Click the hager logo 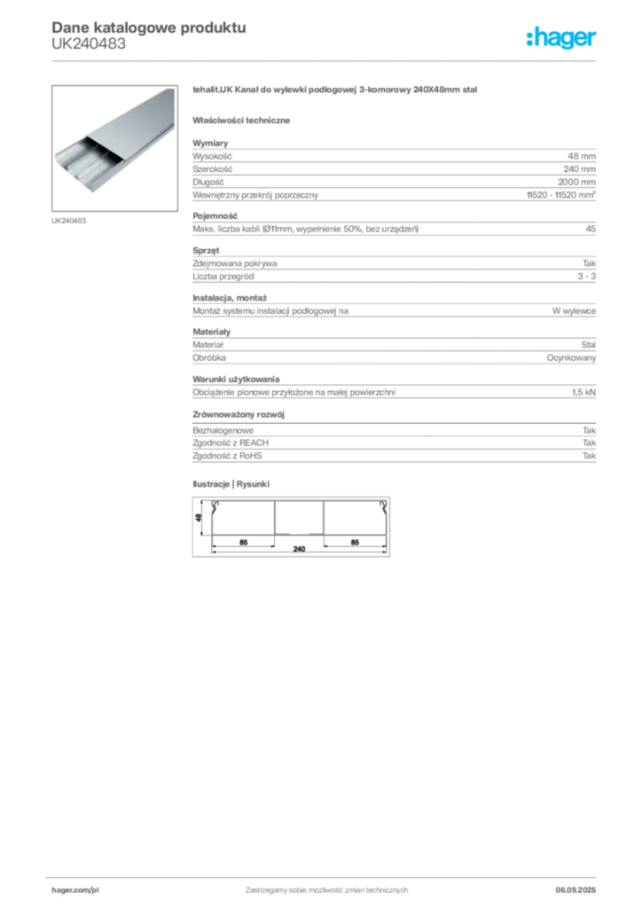(561, 37)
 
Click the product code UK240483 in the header (89, 44)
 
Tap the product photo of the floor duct (114, 148)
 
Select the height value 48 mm (581, 156)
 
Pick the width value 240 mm (579, 169)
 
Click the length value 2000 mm (576, 182)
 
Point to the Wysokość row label (212, 156)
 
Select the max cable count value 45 (591, 229)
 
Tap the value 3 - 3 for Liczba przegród (586, 277)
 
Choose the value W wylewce (574, 311)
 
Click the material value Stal (588, 345)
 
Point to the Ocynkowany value (571, 358)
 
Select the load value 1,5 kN (583, 392)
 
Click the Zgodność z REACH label (231, 443)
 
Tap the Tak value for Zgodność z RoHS (589, 456)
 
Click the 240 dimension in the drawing (299, 549)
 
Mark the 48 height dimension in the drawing (199, 518)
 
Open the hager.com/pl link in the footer (75, 890)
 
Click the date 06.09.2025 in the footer (575, 890)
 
